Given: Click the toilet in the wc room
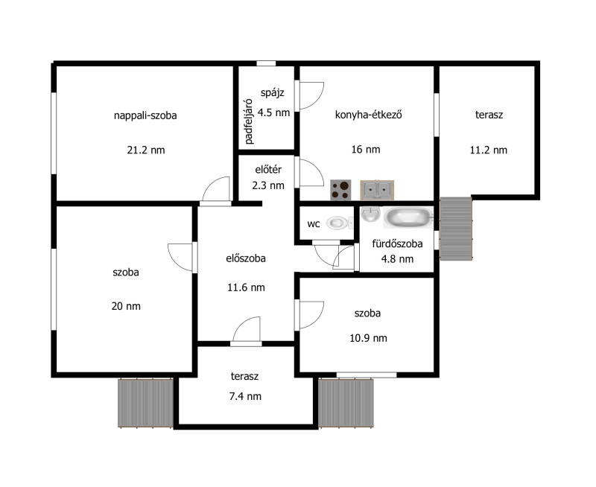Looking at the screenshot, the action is [339, 223].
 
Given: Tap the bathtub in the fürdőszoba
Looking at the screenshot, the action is [408, 217].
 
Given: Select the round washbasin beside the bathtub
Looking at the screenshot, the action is [370, 214].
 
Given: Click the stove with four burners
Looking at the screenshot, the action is [340, 190].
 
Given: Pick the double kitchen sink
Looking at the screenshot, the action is [377, 190].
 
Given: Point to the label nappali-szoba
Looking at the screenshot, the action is [145, 115].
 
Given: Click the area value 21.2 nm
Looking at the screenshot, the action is [146, 150].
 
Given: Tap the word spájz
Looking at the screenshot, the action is [273, 92].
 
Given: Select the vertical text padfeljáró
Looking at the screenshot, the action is [249, 121].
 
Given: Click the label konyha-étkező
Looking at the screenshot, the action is [368, 115].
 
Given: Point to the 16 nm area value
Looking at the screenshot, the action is [366, 149].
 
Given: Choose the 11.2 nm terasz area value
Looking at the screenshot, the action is [489, 150].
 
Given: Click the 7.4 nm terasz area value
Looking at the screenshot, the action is [245, 397].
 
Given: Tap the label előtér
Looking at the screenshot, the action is [268, 170].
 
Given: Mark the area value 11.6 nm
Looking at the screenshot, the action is [246, 287].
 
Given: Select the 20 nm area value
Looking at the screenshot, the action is [126, 306].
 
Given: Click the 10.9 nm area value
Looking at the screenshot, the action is [368, 338].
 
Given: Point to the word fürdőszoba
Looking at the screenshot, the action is [397, 244].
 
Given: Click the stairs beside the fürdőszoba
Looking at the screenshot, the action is [456, 229].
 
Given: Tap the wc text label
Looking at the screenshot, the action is [314, 224].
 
